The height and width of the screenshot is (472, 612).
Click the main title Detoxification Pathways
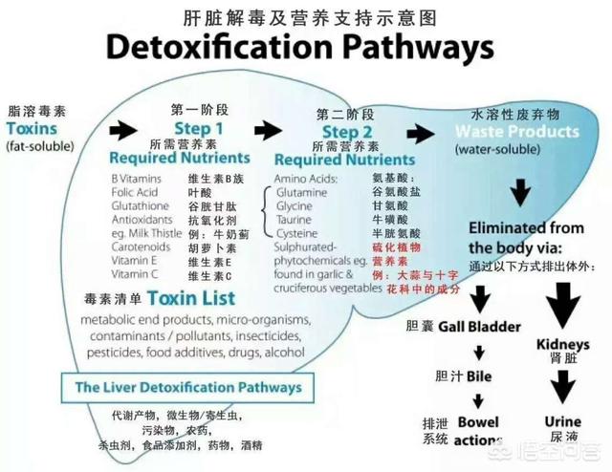coord(300,47)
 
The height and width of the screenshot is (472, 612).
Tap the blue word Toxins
coord(32,128)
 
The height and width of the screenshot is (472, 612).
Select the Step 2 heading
coord(347,132)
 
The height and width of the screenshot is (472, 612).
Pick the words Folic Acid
coord(133,192)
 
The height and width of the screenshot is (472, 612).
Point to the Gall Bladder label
coord(478,327)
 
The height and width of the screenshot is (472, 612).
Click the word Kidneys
coord(563,343)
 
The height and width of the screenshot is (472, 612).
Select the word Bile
coord(479,376)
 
